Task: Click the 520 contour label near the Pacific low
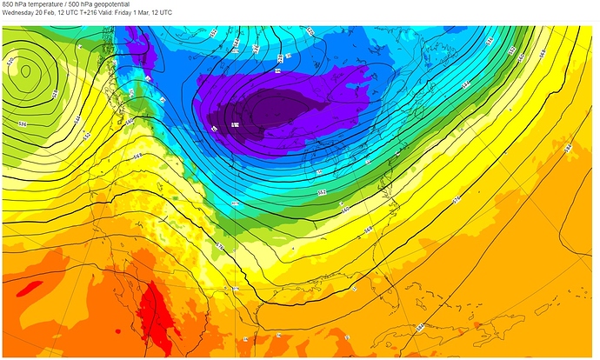[x=10, y=63]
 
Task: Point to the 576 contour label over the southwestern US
[x=220, y=247]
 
